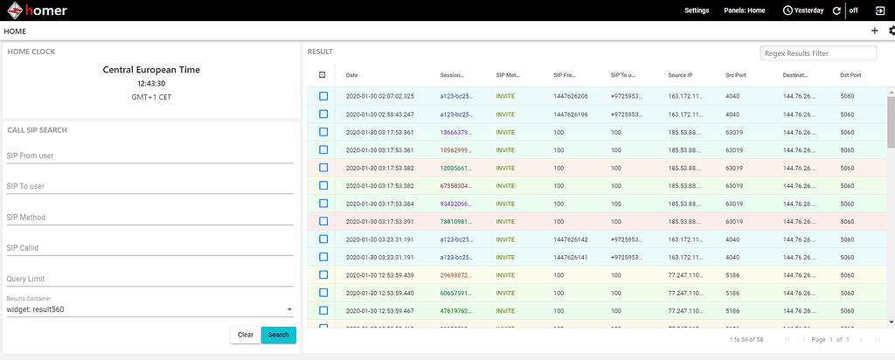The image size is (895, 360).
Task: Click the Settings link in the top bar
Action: [x=696, y=10]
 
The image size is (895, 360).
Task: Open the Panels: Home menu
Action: [x=745, y=10]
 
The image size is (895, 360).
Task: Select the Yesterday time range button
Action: [x=803, y=10]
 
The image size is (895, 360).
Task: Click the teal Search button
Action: [x=278, y=335]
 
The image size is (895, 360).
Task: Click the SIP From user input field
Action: [x=149, y=157]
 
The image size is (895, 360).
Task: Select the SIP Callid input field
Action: [x=149, y=248]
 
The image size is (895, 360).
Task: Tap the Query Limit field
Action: [x=149, y=279]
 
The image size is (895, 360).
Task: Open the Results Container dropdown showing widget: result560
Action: [x=149, y=308]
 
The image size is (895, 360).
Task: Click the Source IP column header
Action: [x=680, y=75]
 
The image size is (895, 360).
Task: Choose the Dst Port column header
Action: [x=850, y=75]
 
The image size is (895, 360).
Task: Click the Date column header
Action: [x=352, y=75]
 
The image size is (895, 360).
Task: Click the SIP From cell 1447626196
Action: [x=571, y=114]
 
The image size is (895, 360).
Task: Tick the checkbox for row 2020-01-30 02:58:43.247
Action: [x=323, y=114]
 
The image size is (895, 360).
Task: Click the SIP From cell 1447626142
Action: [x=571, y=239]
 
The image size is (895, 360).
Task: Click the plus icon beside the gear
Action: [x=875, y=31]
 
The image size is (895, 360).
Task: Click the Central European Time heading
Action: [x=152, y=70]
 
